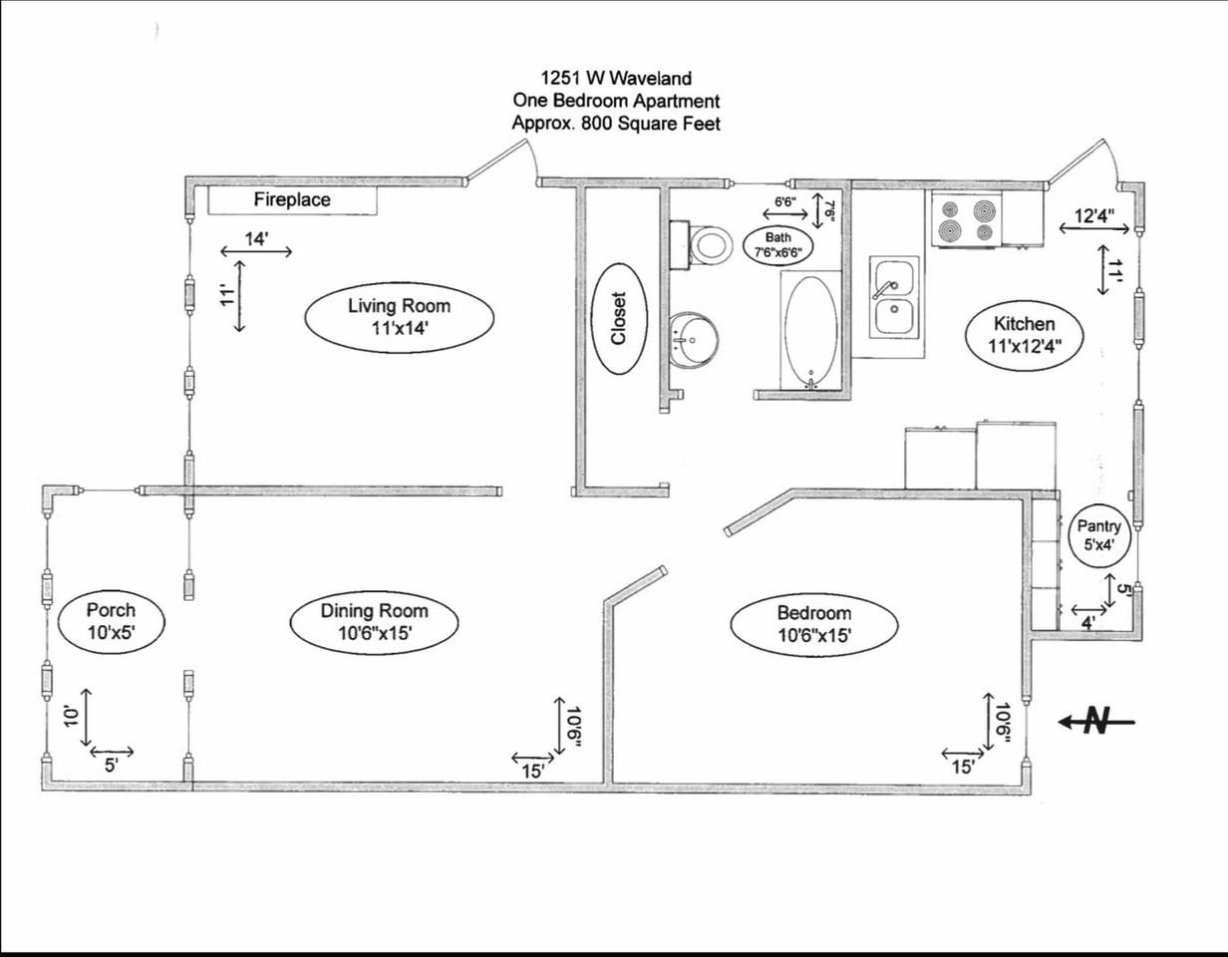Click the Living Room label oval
point(399,320)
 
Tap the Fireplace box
point(292,200)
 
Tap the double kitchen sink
point(895,297)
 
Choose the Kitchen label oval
point(1024,335)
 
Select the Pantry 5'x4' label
point(1098,536)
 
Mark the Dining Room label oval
point(374,623)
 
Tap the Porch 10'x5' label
point(111,620)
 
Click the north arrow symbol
point(1095,721)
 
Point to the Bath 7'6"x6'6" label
point(777,245)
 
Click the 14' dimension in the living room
point(256,240)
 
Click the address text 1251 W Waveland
point(616,78)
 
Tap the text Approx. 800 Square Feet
point(616,125)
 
